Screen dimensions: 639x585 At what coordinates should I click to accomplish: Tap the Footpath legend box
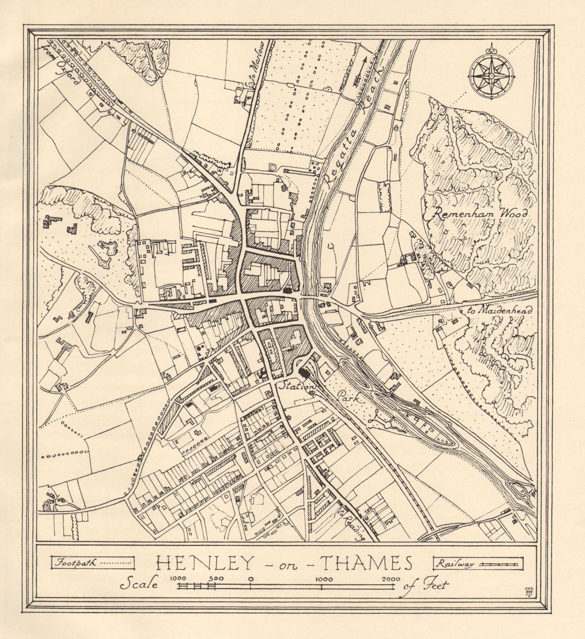[x=92, y=564]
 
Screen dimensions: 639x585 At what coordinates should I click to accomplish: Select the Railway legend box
[x=478, y=564]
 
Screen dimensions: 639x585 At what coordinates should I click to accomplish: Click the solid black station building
[x=305, y=373]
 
